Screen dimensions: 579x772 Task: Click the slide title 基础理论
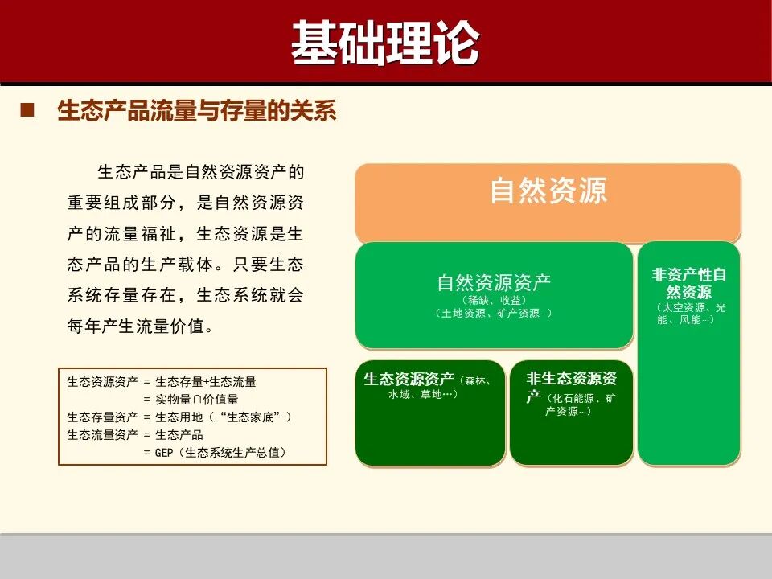tap(385, 41)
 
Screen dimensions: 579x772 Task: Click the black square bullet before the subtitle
tap(27, 110)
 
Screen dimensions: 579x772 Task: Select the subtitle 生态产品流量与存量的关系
tap(196, 111)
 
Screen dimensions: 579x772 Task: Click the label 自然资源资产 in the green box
tap(494, 282)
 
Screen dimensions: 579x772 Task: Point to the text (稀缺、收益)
tap(494, 300)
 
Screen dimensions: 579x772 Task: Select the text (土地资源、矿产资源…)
tap(494, 314)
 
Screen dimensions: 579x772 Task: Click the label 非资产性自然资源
tap(689, 283)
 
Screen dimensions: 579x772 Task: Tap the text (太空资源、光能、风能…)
tap(689, 314)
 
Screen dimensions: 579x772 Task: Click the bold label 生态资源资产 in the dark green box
tap(409, 379)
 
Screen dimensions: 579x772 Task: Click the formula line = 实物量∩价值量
tap(191, 399)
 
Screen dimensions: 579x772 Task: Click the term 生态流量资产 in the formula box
tap(102, 434)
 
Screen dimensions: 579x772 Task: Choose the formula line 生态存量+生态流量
tap(206, 381)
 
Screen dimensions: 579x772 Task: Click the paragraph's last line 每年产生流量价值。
tap(140, 326)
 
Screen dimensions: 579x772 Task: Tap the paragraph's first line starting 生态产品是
tap(200, 172)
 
